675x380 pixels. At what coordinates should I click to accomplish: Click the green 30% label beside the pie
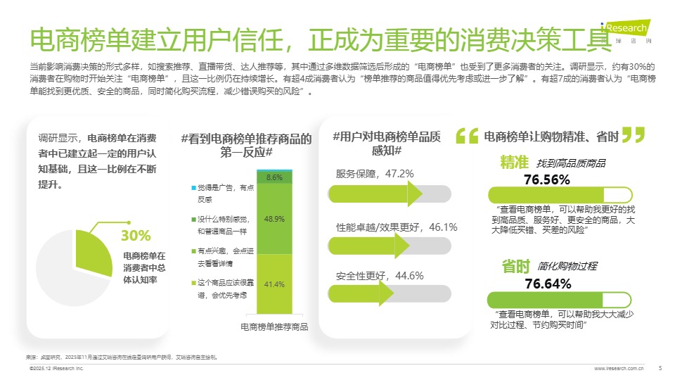click(136, 235)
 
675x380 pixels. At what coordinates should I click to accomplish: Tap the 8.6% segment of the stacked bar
click(274, 177)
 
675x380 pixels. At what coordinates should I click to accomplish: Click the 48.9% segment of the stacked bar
click(274, 219)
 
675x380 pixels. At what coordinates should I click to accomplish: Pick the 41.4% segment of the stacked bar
click(274, 284)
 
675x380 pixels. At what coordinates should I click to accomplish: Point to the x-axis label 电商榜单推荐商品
click(274, 327)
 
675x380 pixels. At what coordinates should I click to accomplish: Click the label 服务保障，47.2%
click(375, 173)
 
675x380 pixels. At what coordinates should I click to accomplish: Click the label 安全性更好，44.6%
click(379, 276)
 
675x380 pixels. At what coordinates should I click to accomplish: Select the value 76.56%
click(547, 179)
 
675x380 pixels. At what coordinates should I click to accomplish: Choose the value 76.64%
click(548, 284)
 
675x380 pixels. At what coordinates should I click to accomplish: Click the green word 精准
click(514, 162)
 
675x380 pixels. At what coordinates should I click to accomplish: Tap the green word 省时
click(515, 266)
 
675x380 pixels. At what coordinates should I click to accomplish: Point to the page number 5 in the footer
click(660, 367)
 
